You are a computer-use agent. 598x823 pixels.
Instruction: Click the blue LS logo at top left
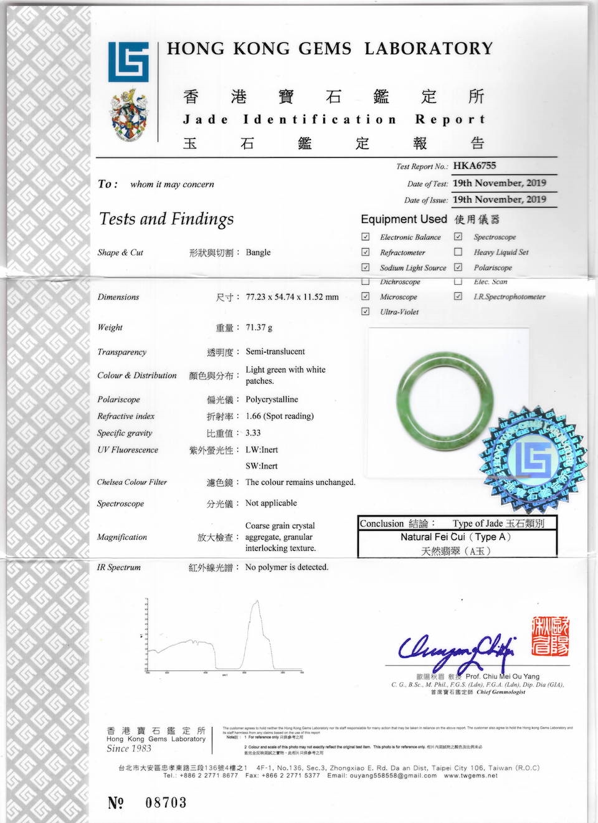coord(128,62)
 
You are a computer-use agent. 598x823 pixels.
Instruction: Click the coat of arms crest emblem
coord(129,117)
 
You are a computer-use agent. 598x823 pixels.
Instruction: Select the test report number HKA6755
coord(475,166)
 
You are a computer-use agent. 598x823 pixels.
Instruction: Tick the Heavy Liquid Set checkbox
coord(458,252)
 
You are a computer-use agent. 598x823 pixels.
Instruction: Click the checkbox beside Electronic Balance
coord(366,237)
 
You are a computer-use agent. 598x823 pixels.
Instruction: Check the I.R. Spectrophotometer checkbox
coord(458,297)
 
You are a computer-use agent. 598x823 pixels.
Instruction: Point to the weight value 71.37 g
coord(259,327)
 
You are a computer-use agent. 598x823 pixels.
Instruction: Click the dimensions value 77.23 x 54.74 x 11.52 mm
coord(292,297)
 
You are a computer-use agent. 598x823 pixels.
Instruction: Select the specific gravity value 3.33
coord(253,433)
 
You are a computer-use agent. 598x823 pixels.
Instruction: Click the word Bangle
coord(258,252)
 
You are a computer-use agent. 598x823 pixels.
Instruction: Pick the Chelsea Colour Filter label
coord(132,482)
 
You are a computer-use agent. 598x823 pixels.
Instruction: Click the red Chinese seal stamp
coord(551,635)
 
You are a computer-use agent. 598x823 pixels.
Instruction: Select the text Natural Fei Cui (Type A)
coord(455,537)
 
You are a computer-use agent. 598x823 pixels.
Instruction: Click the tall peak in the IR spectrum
coord(256,607)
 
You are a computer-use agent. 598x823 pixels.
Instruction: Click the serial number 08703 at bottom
coord(166,802)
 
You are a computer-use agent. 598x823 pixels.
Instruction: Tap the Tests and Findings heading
coord(166,219)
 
